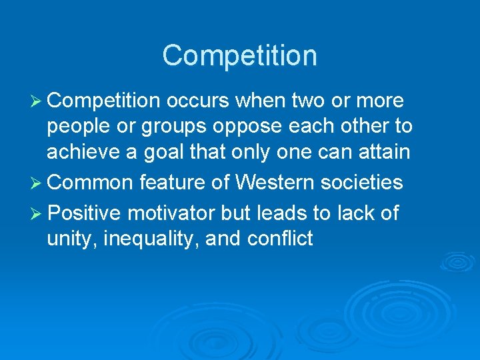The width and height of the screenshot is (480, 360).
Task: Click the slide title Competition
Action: click(239, 55)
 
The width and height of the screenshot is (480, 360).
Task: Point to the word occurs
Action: click(198, 101)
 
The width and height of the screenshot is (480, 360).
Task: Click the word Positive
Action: click(85, 213)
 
